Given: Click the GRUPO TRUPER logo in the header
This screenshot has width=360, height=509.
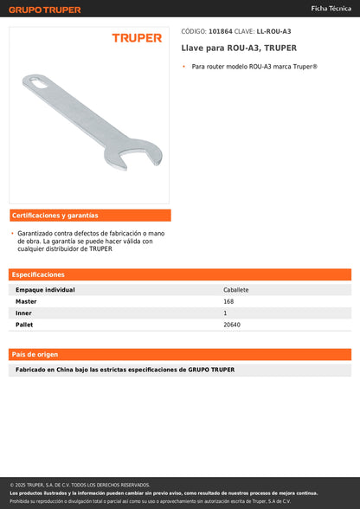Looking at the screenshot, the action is (45, 10).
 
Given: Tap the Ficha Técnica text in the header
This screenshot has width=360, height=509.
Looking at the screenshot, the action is (331, 8).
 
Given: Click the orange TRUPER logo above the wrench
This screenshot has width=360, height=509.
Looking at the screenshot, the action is (137, 38).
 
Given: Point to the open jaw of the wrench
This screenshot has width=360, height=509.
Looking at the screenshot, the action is (122, 154).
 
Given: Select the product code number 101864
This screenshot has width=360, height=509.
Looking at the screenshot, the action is (221, 30).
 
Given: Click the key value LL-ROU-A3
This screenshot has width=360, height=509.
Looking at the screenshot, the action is (273, 30).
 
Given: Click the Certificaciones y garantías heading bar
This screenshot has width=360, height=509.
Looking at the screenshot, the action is (90, 216).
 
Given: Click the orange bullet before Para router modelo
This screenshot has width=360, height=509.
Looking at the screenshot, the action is (184, 67).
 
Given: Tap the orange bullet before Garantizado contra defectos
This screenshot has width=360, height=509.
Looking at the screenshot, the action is (12, 233).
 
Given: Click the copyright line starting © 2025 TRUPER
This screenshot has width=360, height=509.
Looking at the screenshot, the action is (80, 485).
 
